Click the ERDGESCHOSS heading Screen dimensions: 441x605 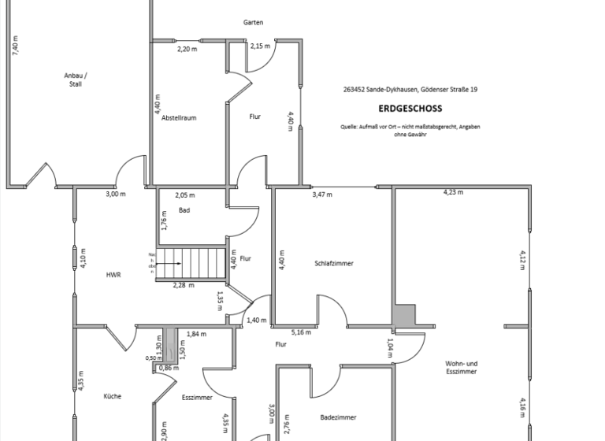point(410,109)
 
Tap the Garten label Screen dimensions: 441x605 point(253,22)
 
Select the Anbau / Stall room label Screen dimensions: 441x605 point(76,80)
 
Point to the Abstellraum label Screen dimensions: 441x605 point(179,117)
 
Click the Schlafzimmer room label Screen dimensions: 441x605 point(334,263)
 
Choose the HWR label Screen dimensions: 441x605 point(113,276)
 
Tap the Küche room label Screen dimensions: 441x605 point(112,396)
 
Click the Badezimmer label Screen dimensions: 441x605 point(338,417)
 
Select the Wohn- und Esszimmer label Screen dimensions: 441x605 point(462,367)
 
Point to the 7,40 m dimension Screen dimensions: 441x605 point(15,44)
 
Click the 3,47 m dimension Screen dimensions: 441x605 point(322,194)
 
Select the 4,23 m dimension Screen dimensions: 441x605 point(453,191)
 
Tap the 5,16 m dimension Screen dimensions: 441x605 point(301,332)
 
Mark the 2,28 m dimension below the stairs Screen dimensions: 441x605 point(184,285)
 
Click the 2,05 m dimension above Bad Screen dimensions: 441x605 point(185,195)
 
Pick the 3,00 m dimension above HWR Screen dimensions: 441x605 point(116,194)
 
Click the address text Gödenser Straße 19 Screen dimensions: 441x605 point(448,90)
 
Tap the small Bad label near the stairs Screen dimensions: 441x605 point(184,210)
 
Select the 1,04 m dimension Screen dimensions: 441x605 point(391,348)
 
